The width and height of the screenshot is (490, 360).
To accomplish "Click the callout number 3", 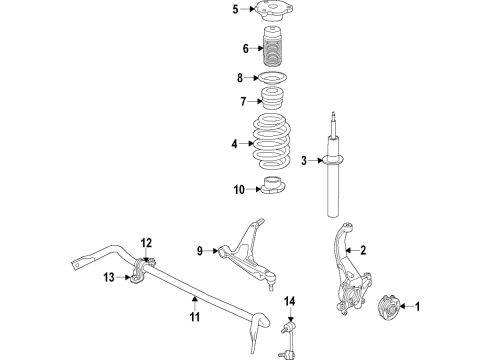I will coord(303,160).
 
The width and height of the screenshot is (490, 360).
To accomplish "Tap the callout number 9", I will coord(200,250).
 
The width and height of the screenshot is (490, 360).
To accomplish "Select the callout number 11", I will coord(195,318).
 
